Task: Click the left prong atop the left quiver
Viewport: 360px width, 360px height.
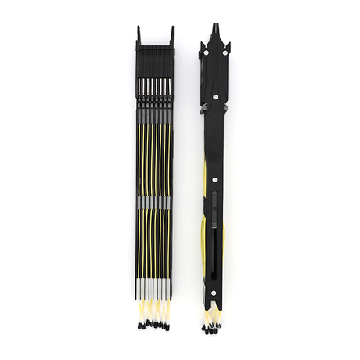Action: pos(139,34)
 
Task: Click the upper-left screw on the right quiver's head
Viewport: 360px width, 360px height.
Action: pos(205,54)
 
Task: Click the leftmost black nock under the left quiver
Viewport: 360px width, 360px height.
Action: pos(139,322)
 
